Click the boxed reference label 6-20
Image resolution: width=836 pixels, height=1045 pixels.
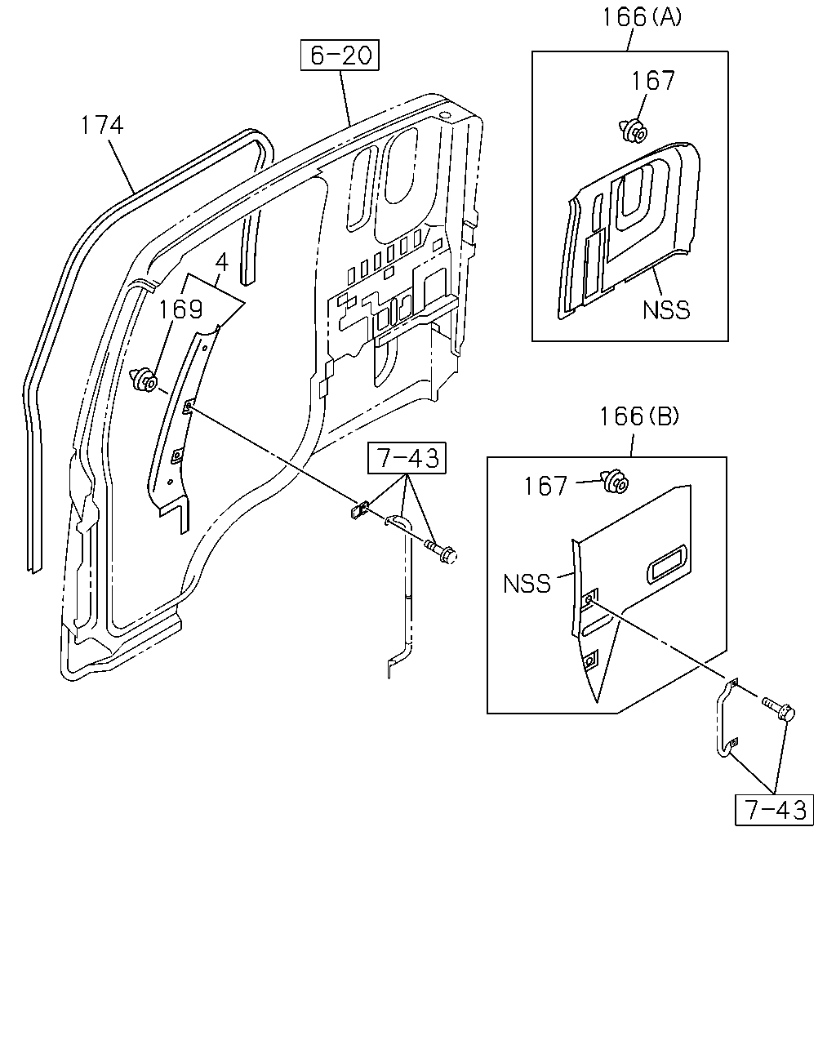click(x=340, y=55)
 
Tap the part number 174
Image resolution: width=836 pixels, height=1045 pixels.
click(x=102, y=125)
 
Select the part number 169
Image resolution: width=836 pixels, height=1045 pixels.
click(x=180, y=309)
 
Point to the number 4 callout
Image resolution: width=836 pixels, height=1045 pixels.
click(x=221, y=263)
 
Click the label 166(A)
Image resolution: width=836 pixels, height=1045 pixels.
click(x=643, y=17)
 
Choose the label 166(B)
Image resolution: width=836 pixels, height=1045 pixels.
click(x=639, y=416)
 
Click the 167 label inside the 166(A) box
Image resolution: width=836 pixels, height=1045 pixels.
click(x=653, y=81)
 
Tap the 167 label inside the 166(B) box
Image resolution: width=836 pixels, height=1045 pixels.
click(x=545, y=486)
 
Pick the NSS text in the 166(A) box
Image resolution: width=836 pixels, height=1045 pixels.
click(x=666, y=309)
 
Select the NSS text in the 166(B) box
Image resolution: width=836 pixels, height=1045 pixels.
click(x=527, y=584)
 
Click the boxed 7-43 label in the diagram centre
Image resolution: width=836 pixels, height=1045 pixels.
click(x=407, y=457)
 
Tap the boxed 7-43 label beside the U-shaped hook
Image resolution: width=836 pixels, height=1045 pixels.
click(x=774, y=810)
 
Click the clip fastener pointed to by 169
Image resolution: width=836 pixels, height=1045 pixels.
click(x=144, y=380)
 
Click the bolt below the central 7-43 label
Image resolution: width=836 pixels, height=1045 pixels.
click(x=441, y=553)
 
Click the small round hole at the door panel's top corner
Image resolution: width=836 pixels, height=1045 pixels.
click(x=444, y=116)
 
